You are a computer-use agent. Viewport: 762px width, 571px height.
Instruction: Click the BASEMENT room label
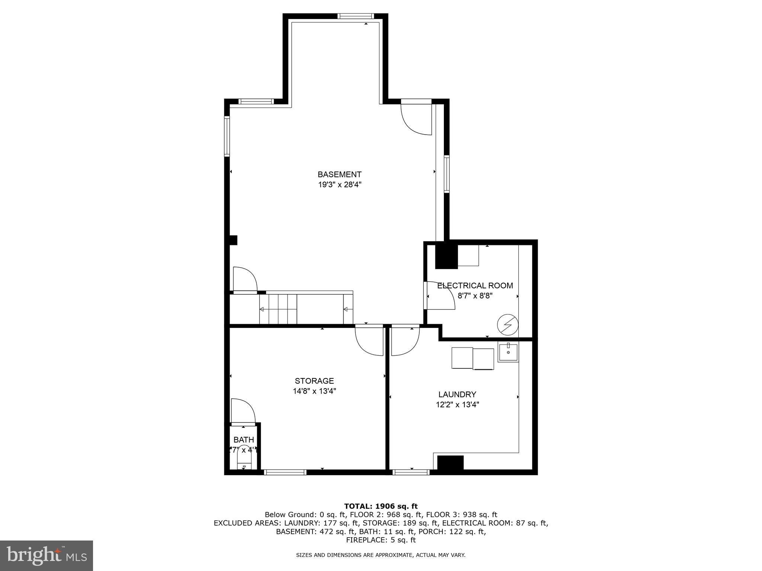(339, 174)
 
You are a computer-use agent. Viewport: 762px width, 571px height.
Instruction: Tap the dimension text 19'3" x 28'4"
(339, 185)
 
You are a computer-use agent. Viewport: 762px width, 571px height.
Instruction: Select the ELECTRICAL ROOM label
(475, 285)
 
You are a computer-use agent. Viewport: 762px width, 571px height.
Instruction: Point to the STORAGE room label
(314, 381)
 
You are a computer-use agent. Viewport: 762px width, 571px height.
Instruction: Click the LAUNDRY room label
(457, 394)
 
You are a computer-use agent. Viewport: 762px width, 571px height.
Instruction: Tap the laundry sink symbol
(508, 352)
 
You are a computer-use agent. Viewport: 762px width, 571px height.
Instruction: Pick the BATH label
(244, 440)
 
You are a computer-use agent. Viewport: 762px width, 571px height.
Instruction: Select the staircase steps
(278, 309)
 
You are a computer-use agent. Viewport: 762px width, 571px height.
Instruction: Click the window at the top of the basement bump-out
(355, 16)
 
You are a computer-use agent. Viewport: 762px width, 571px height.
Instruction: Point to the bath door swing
(243, 411)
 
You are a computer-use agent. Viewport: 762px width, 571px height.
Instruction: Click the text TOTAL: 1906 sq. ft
(381, 506)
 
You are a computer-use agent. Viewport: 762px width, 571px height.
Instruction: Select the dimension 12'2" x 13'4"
(457, 404)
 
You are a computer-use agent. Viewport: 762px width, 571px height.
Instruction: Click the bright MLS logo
(47, 555)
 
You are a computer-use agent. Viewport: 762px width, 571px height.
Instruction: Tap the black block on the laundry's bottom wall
(450, 462)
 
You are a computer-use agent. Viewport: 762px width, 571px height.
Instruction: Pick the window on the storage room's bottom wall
(285, 472)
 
